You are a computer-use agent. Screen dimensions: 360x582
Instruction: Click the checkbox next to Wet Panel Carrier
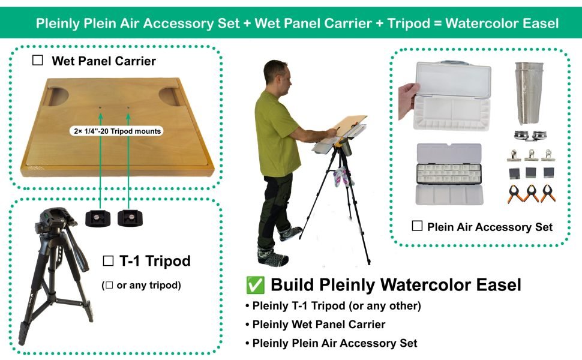(38, 61)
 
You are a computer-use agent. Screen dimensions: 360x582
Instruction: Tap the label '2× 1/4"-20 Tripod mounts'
(114, 130)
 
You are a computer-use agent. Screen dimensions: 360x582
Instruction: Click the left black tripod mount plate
(97, 218)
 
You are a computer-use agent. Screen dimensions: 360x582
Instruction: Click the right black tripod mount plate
(129, 218)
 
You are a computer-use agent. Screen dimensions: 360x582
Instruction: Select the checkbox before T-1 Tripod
(109, 261)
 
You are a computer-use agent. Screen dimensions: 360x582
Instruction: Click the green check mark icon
(254, 284)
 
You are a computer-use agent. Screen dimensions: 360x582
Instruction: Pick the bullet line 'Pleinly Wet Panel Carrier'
(319, 325)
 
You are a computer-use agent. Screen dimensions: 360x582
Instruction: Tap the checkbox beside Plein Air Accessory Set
(418, 226)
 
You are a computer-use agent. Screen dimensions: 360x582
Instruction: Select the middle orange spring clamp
(531, 193)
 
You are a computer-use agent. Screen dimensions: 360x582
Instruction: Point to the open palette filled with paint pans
(449, 174)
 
